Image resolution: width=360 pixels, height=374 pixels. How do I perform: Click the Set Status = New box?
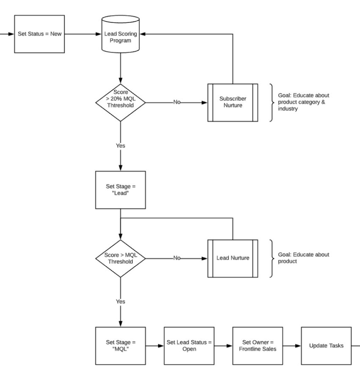tap(39, 34)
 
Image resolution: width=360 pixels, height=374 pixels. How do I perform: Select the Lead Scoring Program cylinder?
tap(120, 36)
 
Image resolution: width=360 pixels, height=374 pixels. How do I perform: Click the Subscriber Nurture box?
tap(233, 102)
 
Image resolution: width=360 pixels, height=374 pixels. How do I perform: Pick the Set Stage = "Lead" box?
tap(120, 190)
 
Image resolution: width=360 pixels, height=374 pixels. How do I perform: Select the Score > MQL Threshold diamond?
tap(120, 258)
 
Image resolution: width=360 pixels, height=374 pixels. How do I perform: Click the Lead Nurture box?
tap(233, 258)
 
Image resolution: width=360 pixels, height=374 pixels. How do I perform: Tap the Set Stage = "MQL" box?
tap(120, 346)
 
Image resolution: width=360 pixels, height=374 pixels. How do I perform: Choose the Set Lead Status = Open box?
tap(189, 346)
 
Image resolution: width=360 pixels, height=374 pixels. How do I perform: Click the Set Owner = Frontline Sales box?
tap(257, 346)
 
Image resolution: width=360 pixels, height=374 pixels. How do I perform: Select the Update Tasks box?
tap(326, 346)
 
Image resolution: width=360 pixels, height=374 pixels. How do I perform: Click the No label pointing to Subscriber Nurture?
tap(177, 103)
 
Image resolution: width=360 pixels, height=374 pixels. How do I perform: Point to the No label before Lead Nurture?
tap(177, 258)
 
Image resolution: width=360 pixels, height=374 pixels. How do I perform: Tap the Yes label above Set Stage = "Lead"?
tap(120, 146)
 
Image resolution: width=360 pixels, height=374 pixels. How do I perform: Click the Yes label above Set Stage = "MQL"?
tap(120, 302)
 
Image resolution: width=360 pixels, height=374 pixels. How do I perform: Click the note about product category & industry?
tap(304, 102)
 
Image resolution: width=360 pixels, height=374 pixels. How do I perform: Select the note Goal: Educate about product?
tap(304, 258)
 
